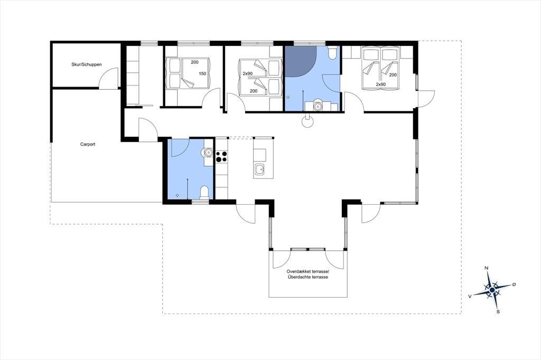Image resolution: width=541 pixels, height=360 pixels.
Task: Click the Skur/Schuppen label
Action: (86, 64)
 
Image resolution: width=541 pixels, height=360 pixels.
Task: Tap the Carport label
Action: (88, 144)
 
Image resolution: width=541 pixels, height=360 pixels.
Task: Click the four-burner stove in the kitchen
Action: (221, 157)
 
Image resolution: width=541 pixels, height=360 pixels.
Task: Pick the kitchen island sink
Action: (259, 169)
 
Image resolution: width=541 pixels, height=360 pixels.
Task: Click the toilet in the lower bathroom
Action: (204, 193)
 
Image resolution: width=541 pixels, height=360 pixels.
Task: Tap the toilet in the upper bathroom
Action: (333, 53)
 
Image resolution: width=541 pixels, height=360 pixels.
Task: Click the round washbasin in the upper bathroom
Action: (317, 106)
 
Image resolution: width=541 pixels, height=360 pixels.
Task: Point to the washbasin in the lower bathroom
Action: (208, 152)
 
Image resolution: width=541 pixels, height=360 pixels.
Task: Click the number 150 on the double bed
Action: (202, 73)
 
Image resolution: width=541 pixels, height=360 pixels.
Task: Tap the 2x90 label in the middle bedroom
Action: (247, 74)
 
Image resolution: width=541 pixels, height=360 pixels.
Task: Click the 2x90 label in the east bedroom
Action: (380, 84)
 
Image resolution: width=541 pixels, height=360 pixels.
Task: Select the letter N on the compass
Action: (487, 268)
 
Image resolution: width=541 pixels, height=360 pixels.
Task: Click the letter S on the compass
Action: (498, 312)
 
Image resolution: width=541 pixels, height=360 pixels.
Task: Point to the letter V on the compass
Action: (470, 296)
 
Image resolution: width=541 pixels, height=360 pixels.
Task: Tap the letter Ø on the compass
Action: (514, 284)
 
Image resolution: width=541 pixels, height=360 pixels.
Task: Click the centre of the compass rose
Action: (492, 290)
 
